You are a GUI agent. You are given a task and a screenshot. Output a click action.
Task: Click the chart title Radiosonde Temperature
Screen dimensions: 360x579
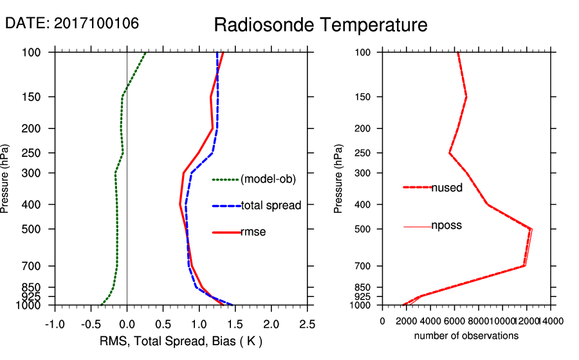pyautogui.click(x=320, y=25)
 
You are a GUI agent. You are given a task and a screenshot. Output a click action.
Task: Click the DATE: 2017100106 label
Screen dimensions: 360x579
pyautogui.click(x=72, y=23)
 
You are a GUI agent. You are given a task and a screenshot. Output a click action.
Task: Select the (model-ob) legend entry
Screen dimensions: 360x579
pyautogui.click(x=268, y=180)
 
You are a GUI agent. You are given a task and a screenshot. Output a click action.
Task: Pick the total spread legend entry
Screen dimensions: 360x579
pyautogui.click(x=271, y=206)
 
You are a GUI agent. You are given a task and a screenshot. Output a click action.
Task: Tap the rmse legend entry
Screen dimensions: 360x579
pyautogui.click(x=253, y=232)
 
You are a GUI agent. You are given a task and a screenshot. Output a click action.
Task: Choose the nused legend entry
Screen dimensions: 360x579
pyautogui.click(x=446, y=188)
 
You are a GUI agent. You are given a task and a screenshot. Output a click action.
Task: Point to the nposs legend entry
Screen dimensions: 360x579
pyautogui.click(x=446, y=226)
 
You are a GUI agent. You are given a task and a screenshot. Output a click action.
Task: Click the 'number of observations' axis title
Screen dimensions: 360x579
pyautogui.click(x=466, y=336)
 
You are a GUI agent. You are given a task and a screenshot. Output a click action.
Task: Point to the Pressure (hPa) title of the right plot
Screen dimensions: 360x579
pyautogui.click(x=339, y=179)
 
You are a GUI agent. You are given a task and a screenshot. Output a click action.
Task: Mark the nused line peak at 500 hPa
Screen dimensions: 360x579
pyautogui.click(x=531, y=229)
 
